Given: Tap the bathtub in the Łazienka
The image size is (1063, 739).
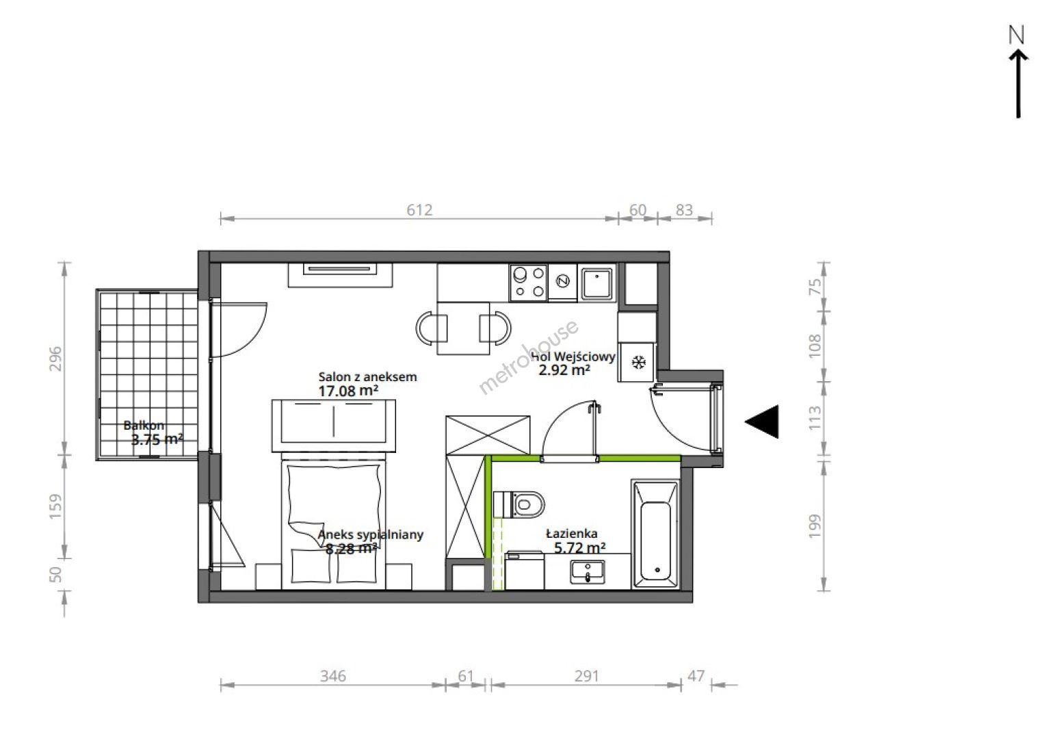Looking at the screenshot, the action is click(655, 534).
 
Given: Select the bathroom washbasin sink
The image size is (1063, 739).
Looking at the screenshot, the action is click(588, 572).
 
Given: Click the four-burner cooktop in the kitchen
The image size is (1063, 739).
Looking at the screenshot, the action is click(529, 283).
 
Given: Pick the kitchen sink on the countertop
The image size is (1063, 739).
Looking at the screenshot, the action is click(597, 283).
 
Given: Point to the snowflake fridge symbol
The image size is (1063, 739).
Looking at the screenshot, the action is click(639, 363).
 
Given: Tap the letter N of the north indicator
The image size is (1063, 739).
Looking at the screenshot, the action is click(1016, 35).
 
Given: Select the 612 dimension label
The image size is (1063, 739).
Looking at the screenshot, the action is click(419, 210).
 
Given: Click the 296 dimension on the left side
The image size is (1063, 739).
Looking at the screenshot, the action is click(55, 359).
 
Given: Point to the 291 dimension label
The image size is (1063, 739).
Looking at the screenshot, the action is click(586, 676).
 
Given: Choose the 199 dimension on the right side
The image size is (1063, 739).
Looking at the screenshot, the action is click(814, 526).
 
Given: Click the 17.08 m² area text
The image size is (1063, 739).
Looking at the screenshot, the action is click(348, 391).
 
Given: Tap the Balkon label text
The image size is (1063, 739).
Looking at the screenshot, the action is click(144, 426).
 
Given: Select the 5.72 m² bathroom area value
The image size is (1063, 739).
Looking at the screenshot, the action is click(580, 548).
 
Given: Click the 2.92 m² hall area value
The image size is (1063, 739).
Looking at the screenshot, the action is click(564, 370).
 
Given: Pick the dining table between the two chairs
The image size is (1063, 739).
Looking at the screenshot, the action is click(463, 328).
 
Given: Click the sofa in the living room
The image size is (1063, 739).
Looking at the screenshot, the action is click(334, 426).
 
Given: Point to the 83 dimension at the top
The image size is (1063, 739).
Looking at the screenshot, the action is click(684, 210).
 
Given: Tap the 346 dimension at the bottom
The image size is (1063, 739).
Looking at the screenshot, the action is click(332, 676).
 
